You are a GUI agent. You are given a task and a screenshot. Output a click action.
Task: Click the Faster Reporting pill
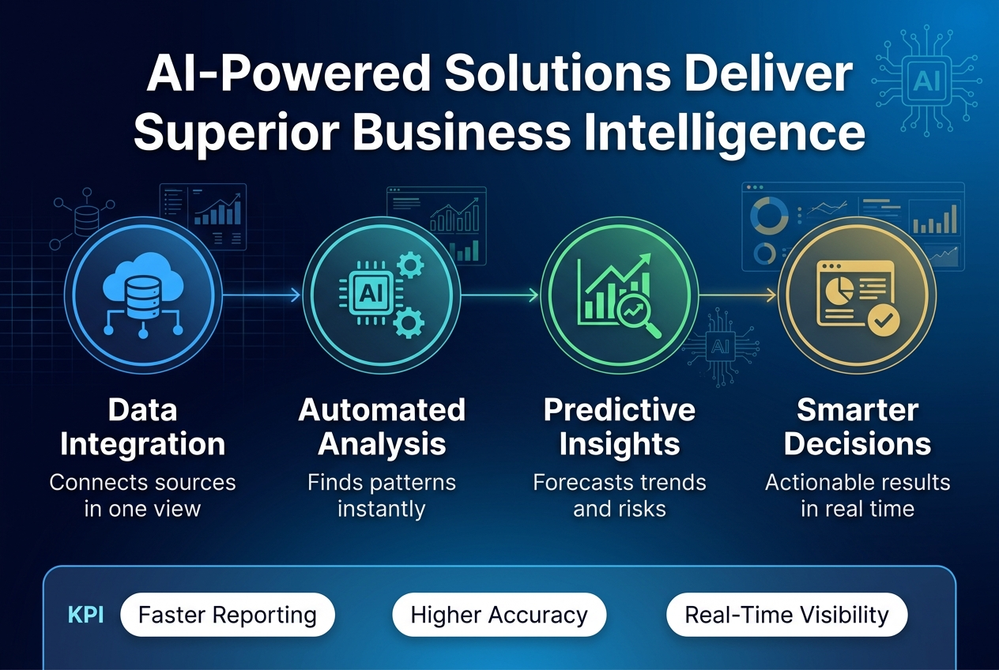[228, 615]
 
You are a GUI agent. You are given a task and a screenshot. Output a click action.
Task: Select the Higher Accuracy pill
[499, 615]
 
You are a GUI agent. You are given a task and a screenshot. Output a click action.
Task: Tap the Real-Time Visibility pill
[786, 615]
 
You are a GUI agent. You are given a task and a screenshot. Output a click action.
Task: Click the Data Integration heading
[142, 427]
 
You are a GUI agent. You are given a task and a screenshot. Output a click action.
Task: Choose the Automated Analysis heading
[382, 427]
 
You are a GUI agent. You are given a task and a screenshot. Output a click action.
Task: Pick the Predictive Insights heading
[620, 427]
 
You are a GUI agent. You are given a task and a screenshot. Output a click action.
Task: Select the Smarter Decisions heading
[858, 427]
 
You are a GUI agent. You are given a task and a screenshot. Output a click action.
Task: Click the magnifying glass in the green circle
[638, 314]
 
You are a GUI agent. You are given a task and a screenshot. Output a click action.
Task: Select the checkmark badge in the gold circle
[881, 320]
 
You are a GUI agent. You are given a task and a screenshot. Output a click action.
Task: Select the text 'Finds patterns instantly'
[382, 495]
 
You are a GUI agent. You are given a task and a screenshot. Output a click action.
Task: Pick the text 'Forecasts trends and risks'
[620, 495]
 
